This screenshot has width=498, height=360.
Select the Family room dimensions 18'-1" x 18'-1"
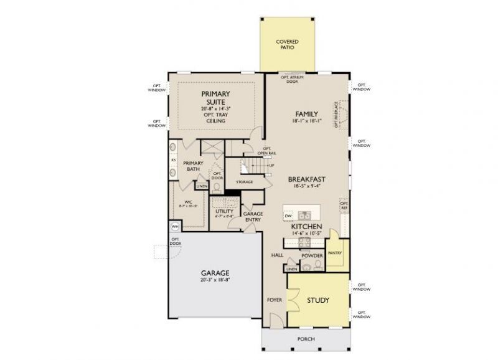(x=307, y=122)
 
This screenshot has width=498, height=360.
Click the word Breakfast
(x=307, y=179)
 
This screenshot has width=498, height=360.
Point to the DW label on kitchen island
(x=288, y=216)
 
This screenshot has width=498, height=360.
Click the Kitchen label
(x=307, y=227)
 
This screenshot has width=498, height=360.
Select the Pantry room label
(x=335, y=253)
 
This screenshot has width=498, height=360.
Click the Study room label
(x=318, y=300)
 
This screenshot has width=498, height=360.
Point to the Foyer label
(x=275, y=300)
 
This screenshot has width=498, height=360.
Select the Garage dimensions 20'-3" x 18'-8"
(x=215, y=280)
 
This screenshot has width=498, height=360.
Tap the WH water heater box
(x=174, y=227)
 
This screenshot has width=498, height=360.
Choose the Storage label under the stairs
(x=244, y=182)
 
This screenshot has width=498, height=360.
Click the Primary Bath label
(x=194, y=166)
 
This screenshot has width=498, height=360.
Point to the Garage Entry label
(x=253, y=217)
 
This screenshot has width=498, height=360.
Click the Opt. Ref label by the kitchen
(x=344, y=205)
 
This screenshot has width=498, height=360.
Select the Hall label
(x=278, y=255)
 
